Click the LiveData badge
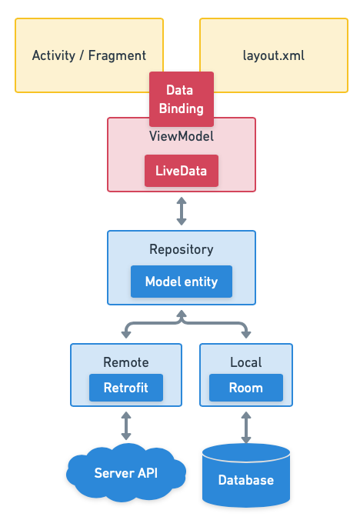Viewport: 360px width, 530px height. [182, 171]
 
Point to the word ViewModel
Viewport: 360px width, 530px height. [181, 136]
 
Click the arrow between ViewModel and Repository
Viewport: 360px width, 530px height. [182, 211]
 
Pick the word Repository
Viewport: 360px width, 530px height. [182, 249]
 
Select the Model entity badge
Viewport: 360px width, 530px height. [182, 282]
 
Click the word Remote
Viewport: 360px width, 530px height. [126, 362]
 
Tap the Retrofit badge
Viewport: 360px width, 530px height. [126, 388]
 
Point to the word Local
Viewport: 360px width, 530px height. [246, 362]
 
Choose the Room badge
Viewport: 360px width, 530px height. [246, 388]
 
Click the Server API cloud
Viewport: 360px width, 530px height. [126, 472]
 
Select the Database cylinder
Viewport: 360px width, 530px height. [246, 479]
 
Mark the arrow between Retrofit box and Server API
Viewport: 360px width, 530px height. [126, 425]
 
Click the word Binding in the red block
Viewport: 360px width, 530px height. [182, 108]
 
